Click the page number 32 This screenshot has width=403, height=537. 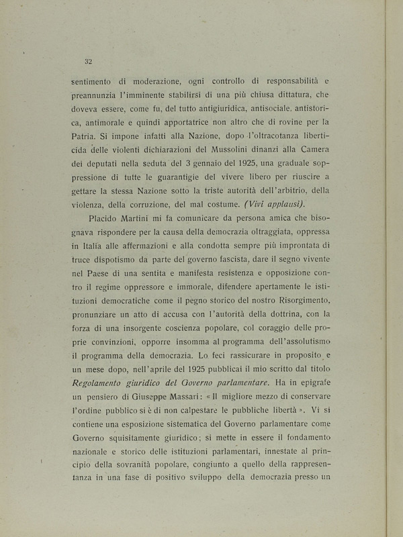pyautogui.click(x=88, y=61)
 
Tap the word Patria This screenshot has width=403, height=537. pyautogui.click(x=86, y=136)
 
